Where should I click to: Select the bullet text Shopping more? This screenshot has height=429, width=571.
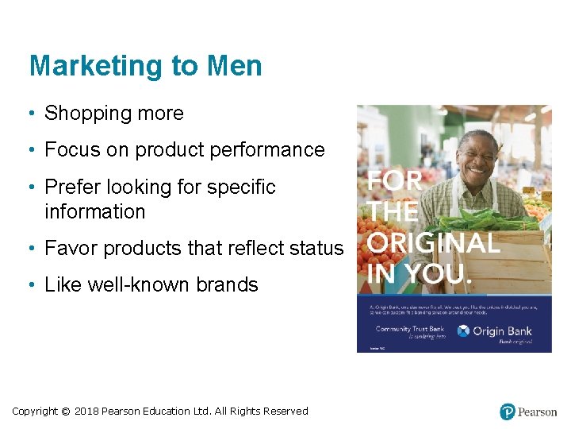(114, 114)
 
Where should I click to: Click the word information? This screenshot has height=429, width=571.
(95, 212)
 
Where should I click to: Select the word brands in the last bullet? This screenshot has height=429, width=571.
(229, 285)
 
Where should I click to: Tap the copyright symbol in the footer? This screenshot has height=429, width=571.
(65, 412)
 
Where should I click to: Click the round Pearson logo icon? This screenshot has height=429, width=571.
(508, 412)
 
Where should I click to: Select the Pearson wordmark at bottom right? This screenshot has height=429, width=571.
(538, 412)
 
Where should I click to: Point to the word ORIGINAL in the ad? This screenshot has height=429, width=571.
(433, 243)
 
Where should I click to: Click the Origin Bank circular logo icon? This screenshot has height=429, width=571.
(463, 330)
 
